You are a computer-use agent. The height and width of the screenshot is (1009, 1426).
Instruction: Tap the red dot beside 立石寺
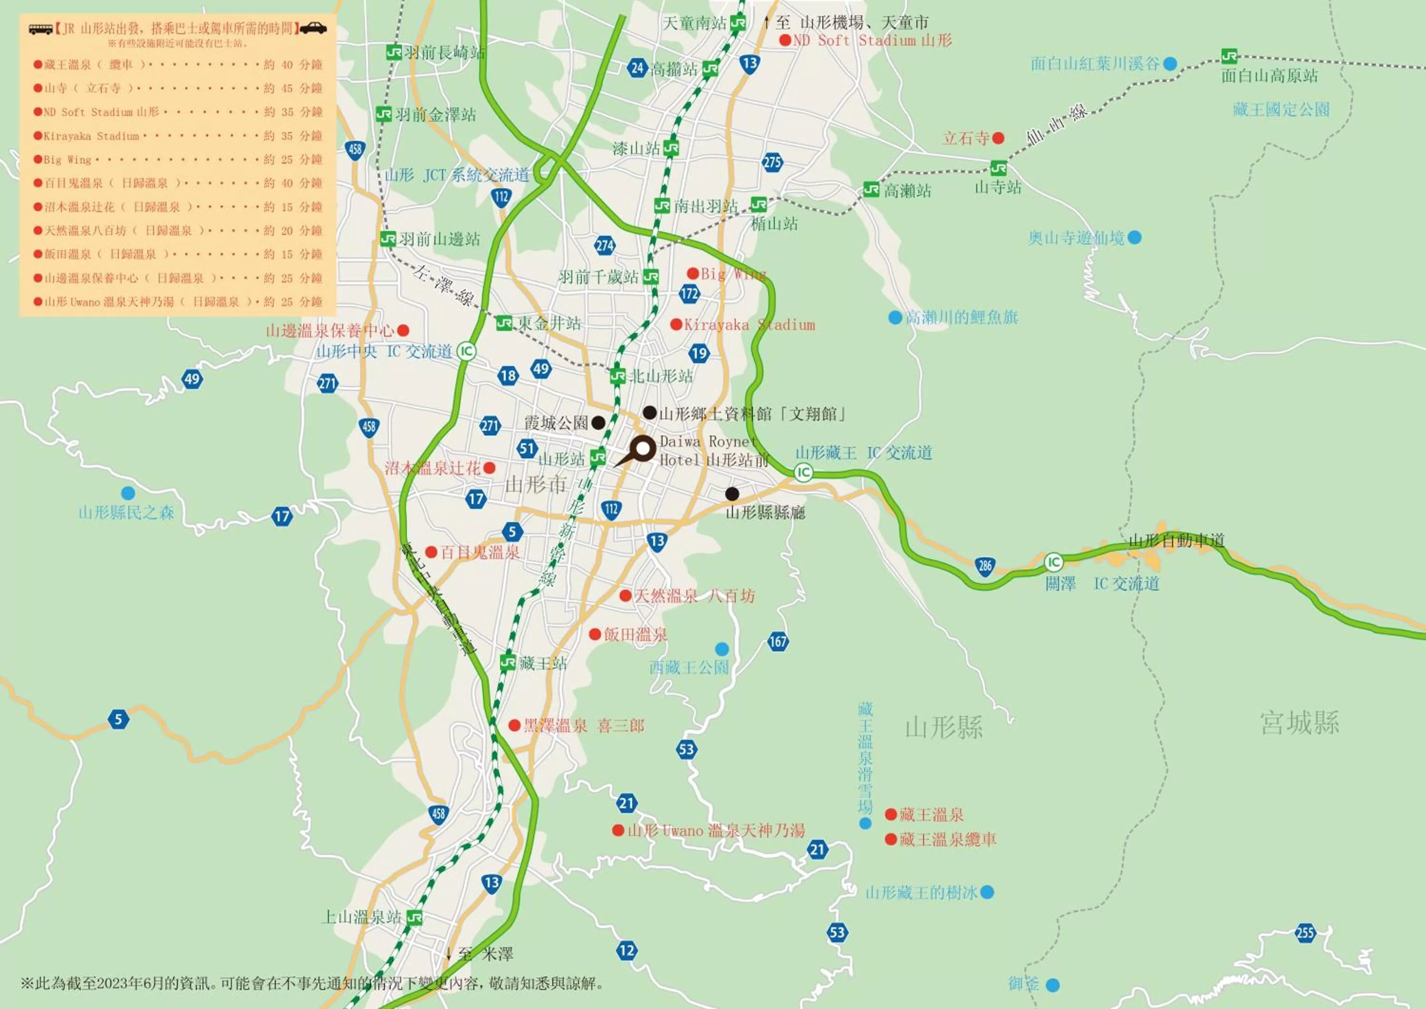998,138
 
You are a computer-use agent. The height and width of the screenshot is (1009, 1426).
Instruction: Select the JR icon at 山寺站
998,168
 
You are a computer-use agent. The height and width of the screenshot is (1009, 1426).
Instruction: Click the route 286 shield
985,565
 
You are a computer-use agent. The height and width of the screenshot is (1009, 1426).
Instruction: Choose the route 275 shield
772,163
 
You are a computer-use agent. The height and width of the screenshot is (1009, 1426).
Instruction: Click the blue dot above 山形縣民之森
128,493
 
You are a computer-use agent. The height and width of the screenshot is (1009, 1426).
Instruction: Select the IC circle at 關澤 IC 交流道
1053,563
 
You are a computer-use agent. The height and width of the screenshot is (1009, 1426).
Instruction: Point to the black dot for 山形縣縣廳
732,494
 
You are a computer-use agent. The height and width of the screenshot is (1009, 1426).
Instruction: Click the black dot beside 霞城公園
598,423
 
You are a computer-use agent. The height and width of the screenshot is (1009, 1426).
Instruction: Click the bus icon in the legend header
41,29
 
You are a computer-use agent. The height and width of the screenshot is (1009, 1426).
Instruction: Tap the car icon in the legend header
313,28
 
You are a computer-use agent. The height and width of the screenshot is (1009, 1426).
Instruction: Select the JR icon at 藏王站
508,662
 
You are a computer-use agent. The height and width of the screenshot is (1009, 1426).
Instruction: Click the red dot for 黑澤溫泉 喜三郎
514,725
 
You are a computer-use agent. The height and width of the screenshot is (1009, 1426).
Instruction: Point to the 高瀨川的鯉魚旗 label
962,318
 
